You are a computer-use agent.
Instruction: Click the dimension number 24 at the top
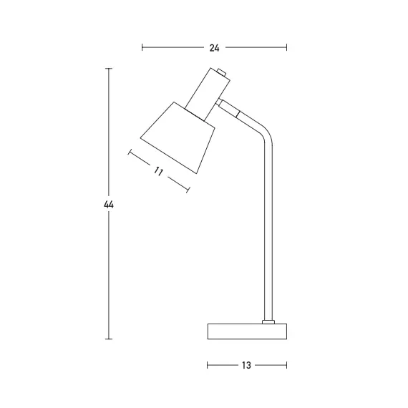point(214,48)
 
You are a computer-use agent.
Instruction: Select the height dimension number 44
point(109,205)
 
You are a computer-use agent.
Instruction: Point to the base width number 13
point(246,365)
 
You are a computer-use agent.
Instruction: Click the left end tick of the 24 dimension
point(142,48)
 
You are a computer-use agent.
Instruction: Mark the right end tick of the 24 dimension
point(286,48)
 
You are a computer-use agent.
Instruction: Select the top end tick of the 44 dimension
point(109,69)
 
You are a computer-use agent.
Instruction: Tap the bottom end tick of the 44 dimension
point(109,339)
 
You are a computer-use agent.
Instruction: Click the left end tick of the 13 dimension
point(208,365)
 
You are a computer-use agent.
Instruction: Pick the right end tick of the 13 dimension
point(286,365)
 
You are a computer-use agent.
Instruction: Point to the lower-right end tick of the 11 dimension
point(188,190)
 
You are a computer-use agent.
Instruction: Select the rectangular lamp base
point(247,331)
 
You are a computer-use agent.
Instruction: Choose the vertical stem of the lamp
point(269,229)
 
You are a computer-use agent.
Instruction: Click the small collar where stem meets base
point(269,321)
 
